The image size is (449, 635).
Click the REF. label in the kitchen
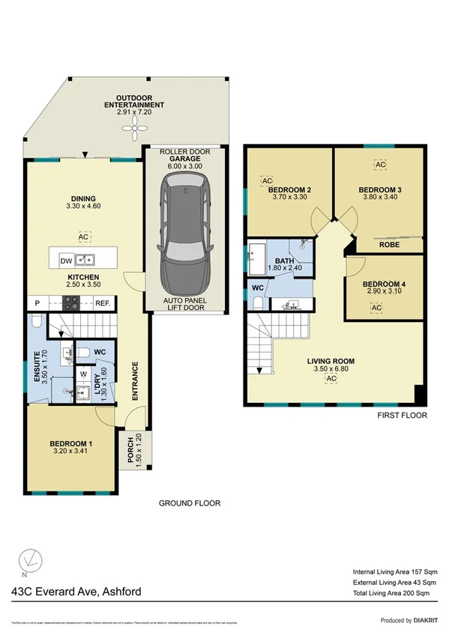[103, 303]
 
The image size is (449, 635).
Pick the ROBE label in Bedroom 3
[388, 245]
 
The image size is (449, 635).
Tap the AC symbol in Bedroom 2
[266, 180]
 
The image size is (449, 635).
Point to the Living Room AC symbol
[330, 380]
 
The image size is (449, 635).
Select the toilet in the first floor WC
[256, 301]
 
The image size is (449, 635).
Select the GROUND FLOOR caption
[190, 503]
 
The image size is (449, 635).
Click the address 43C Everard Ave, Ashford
[76, 592]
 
